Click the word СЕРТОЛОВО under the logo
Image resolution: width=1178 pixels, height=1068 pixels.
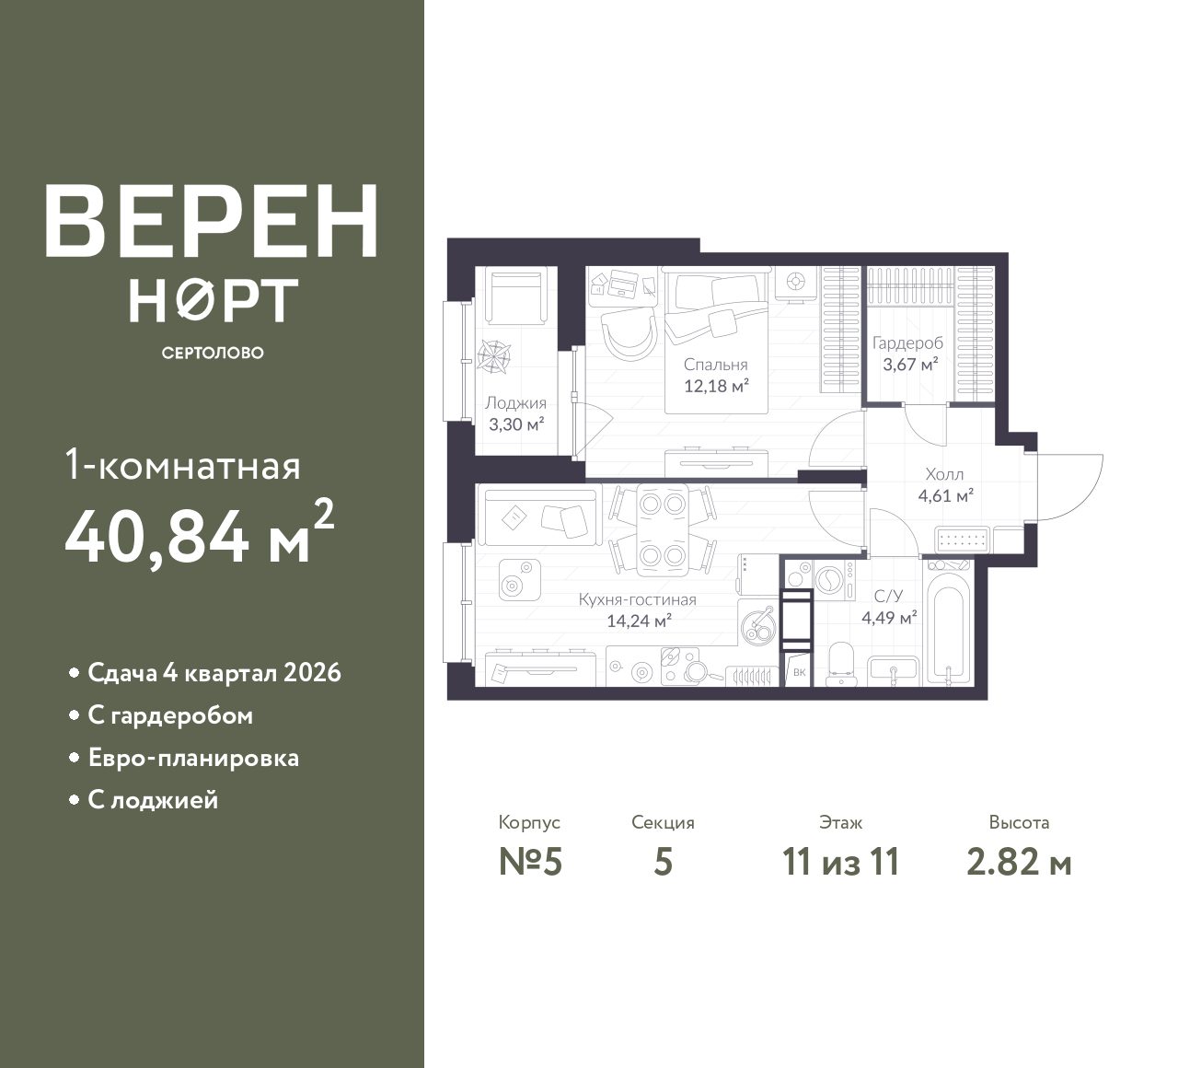[x=213, y=353]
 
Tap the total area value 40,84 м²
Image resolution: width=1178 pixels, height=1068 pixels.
[x=200, y=534]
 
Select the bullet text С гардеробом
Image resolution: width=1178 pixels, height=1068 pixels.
[x=170, y=715]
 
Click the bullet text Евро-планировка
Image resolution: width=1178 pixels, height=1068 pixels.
[x=193, y=758]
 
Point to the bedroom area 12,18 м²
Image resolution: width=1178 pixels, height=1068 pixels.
[x=716, y=386]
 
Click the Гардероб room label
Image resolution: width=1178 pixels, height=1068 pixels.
[x=907, y=343]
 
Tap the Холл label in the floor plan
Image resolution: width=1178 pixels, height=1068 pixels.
[x=944, y=474]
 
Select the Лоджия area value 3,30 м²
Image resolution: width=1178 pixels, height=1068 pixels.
[x=516, y=424]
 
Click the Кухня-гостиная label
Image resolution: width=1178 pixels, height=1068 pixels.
[x=638, y=599]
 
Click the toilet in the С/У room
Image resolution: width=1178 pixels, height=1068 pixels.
[x=842, y=665]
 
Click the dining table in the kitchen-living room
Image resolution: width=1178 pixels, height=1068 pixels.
[x=663, y=530]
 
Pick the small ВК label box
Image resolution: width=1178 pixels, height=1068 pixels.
[x=799, y=671]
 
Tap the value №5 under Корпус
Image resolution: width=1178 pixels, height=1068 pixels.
[x=530, y=862]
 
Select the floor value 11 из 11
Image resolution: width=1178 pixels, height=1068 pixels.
[x=841, y=862]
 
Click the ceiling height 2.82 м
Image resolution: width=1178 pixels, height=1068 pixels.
[x=1019, y=862]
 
